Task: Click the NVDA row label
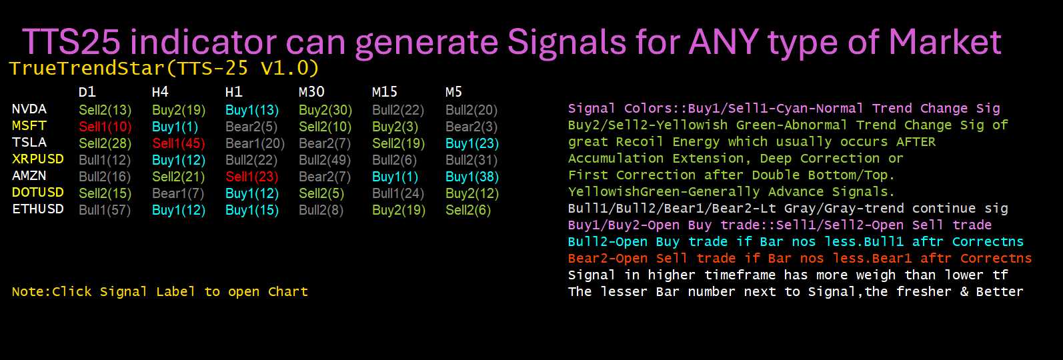click(x=29, y=109)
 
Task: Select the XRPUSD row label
click(x=38, y=159)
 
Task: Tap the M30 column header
click(x=311, y=91)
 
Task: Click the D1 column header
click(x=87, y=91)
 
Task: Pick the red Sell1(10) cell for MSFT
click(x=105, y=127)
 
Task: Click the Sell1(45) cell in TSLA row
click(x=179, y=143)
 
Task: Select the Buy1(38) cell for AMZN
click(x=472, y=177)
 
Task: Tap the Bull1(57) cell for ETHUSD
click(x=105, y=210)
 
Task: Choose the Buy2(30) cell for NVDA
click(x=325, y=110)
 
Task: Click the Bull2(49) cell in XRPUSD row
click(x=325, y=160)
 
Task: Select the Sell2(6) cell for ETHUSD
click(x=468, y=210)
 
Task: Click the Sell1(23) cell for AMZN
click(x=252, y=177)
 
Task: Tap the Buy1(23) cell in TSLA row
click(x=472, y=143)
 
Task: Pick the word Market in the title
click(x=945, y=42)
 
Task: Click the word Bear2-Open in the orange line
click(x=608, y=259)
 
